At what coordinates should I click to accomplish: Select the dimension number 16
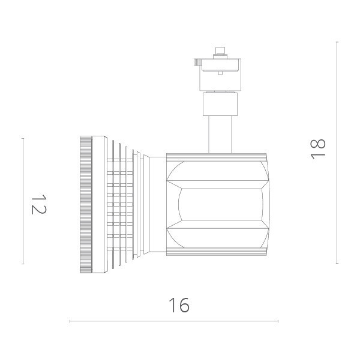pyautogui.click(x=178, y=306)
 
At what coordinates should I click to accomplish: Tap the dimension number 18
pyautogui.click(x=318, y=148)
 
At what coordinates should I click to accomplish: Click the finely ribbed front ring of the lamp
pyautogui.click(x=85, y=204)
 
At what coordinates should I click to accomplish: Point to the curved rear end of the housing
pyautogui.click(x=268, y=205)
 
